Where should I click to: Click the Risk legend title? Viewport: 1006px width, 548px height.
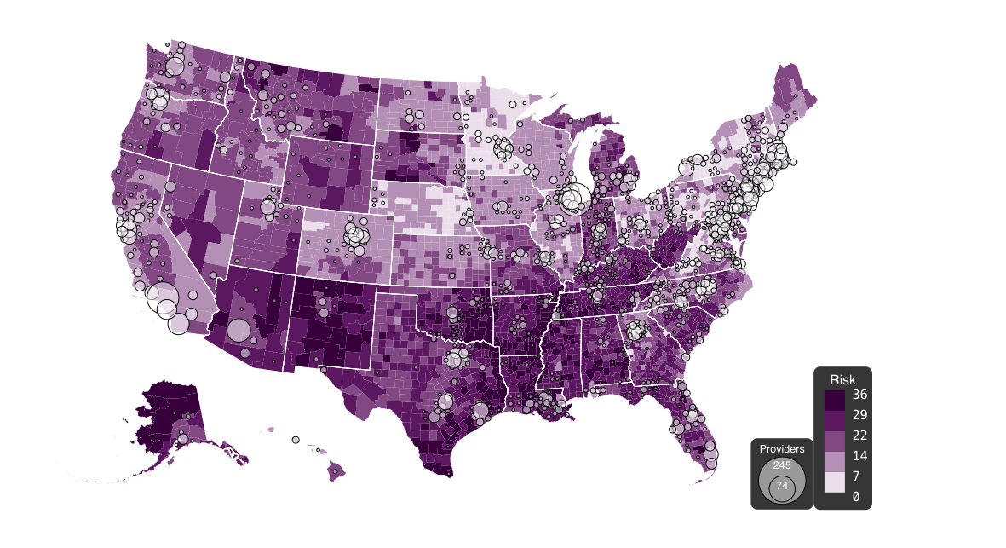842,378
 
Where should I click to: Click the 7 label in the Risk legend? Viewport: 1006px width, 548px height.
855,476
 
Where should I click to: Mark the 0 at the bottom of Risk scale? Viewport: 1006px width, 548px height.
855,496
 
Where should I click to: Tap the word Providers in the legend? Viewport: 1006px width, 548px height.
782,448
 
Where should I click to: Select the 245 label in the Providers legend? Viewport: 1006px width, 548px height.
782,465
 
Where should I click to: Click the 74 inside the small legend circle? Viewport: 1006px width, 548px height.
782,486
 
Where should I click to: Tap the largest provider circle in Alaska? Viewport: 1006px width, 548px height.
181,440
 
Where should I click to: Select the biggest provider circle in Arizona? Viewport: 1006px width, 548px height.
239,330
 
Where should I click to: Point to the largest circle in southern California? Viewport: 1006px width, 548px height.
162,300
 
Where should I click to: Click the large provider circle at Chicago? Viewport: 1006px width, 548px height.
573,199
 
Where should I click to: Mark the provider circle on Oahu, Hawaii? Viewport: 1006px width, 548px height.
296,440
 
